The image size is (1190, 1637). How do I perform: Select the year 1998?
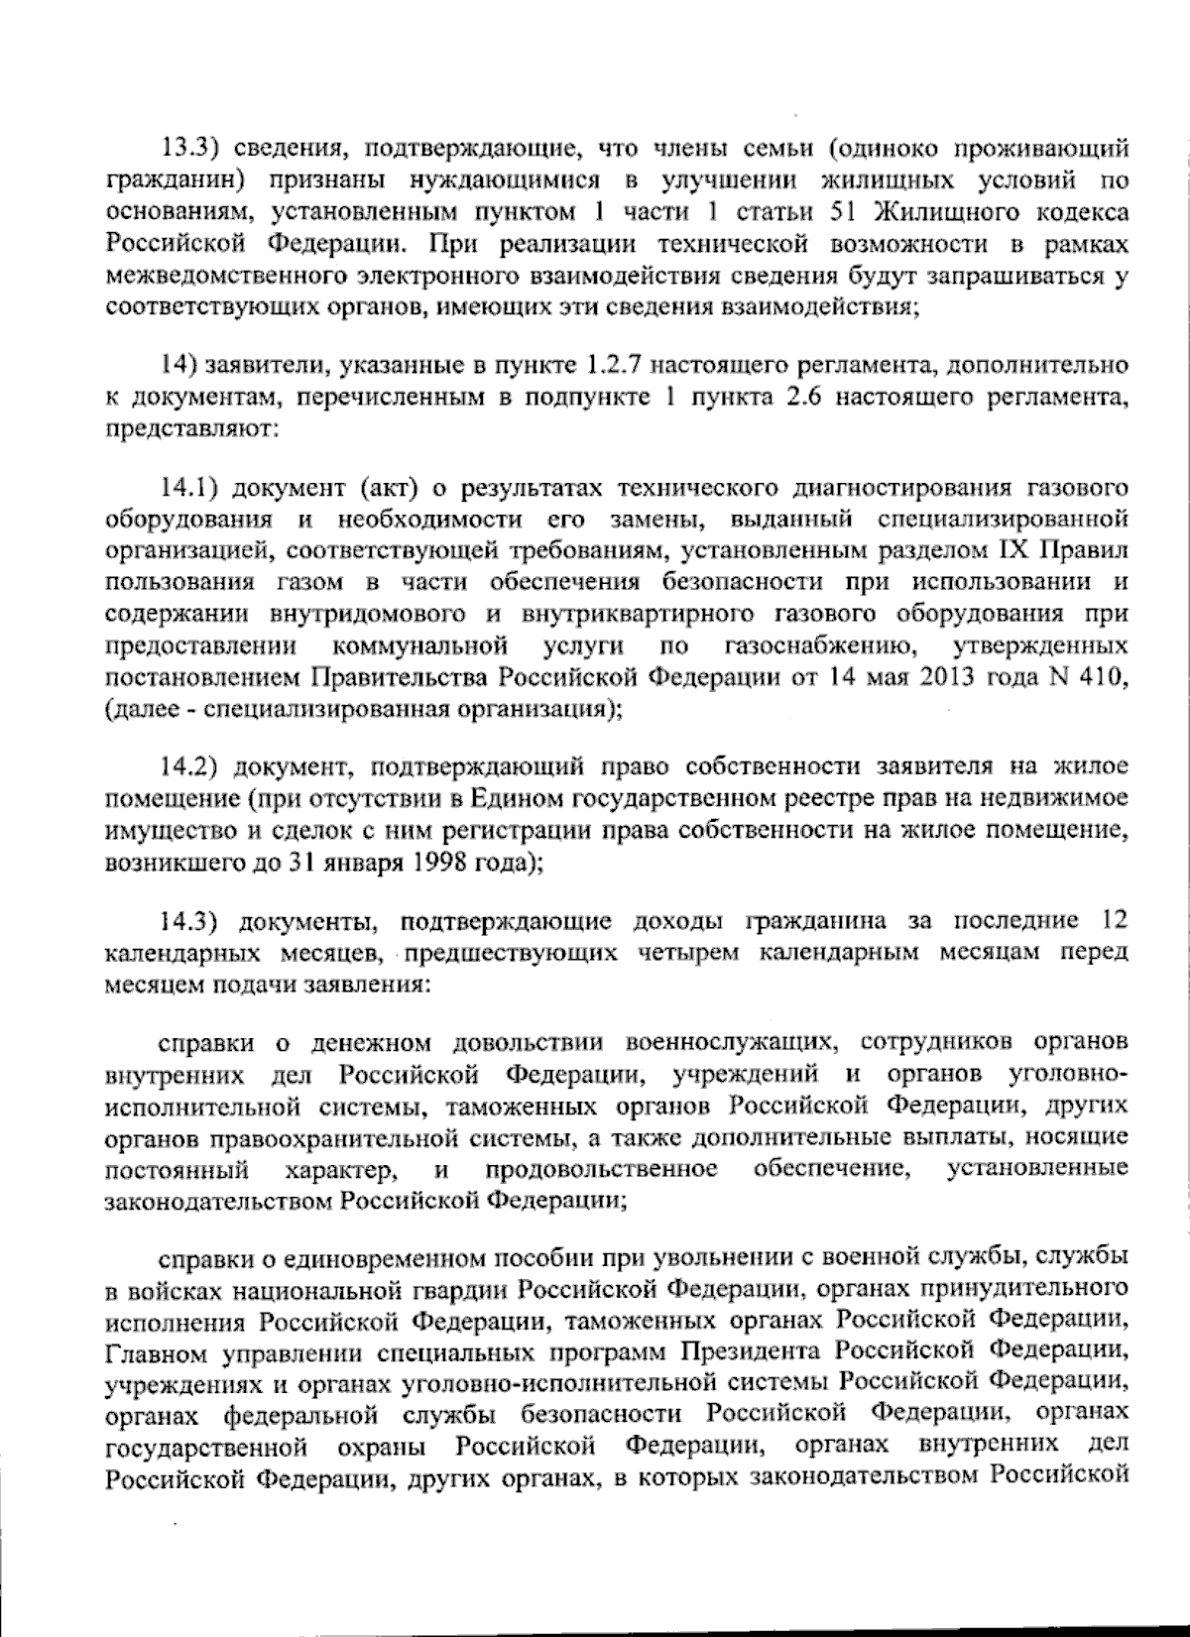coord(429,863)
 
